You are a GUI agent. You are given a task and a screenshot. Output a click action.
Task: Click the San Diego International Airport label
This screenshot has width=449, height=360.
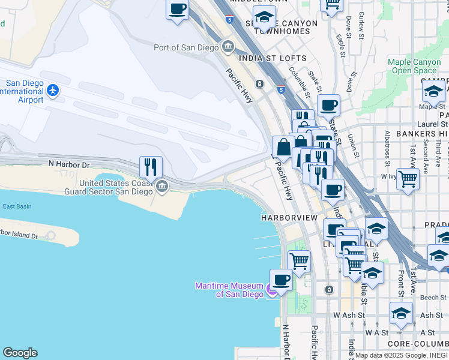24,91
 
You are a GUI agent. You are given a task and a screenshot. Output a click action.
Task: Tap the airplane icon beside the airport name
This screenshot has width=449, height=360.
53,91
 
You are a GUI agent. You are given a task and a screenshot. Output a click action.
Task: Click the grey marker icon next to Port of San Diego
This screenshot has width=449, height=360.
228,46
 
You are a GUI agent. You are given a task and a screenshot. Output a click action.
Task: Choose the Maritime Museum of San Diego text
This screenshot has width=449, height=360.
229,290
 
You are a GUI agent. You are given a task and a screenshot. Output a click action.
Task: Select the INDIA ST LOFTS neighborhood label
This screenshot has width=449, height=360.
273,58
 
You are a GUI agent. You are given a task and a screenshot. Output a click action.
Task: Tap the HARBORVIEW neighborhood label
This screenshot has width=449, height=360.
288,217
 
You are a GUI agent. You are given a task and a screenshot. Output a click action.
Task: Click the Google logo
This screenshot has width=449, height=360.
20,353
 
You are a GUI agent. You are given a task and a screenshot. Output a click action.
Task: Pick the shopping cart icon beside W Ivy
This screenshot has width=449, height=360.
408,179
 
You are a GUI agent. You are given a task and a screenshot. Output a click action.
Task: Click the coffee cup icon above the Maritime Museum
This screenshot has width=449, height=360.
281,279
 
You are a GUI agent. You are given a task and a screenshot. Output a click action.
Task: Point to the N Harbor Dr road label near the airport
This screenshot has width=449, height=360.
68,164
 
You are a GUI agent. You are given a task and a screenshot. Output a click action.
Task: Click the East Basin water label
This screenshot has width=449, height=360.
17,206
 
